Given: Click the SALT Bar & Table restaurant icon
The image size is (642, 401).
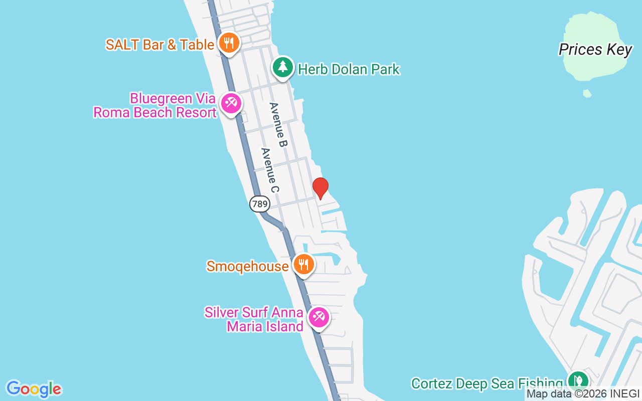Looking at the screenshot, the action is pyautogui.click(x=229, y=43).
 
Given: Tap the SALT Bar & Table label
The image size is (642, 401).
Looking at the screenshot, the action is pyautogui.click(x=160, y=45).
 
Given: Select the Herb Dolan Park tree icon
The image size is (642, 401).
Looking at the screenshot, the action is pyautogui.click(x=283, y=67).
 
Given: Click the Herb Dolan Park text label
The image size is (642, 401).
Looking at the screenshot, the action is pyautogui.click(x=349, y=69).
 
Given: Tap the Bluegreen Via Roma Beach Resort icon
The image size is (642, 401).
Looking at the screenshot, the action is pyautogui.click(x=231, y=104).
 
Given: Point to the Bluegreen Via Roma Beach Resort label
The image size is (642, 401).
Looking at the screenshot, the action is pyautogui.click(x=155, y=105).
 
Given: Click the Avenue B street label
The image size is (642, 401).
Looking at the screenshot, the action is pyautogui.click(x=278, y=125).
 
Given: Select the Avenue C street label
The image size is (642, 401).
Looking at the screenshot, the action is pyautogui.click(x=270, y=170).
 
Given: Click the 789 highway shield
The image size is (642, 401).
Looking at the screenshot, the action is pyautogui.click(x=259, y=204).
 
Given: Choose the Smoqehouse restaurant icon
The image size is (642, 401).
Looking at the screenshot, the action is pyautogui.click(x=303, y=264).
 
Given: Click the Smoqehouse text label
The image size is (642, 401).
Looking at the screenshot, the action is pyautogui.click(x=247, y=266).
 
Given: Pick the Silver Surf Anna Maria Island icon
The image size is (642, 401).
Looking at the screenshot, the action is pyautogui.click(x=318, y=317).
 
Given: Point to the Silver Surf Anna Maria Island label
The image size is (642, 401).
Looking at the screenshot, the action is pyautogui.click(x=254, y=320).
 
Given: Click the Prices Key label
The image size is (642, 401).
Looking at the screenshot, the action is pyautogui.click(x=595, y=50).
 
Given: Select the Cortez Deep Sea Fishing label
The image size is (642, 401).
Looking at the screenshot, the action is pyautogui.click(x=487, y=384).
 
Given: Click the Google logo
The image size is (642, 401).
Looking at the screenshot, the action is pyautogui.click(x=34, y=389).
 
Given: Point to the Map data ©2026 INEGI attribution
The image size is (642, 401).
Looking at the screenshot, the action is pyautogui.click(x=583, y=394).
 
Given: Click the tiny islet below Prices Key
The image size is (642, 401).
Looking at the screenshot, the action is pyautogui.click(x=587, y=93).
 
